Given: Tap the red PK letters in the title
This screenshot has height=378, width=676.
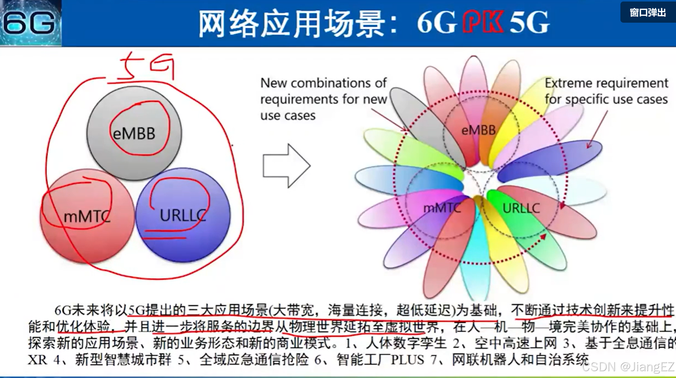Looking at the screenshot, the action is click(483, 22).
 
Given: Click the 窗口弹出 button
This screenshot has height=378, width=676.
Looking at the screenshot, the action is click(648, 12).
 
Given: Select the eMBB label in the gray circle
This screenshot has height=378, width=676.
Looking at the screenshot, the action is click(134, 134).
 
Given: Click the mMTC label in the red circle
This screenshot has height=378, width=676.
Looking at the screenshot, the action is click(87, 217).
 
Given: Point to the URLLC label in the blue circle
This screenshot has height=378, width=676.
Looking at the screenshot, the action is click(183, 215).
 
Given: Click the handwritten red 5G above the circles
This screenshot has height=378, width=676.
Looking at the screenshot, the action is click(146, 68).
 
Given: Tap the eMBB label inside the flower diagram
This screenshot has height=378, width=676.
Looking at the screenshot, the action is click(478, 130).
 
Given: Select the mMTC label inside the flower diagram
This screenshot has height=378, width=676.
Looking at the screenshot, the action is click(442, 208).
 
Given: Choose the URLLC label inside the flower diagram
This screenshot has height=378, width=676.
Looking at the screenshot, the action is click(521, 208).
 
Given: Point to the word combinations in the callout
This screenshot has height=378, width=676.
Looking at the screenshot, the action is click(328, 83).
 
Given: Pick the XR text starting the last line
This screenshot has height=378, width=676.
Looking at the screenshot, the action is click(37, 359).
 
